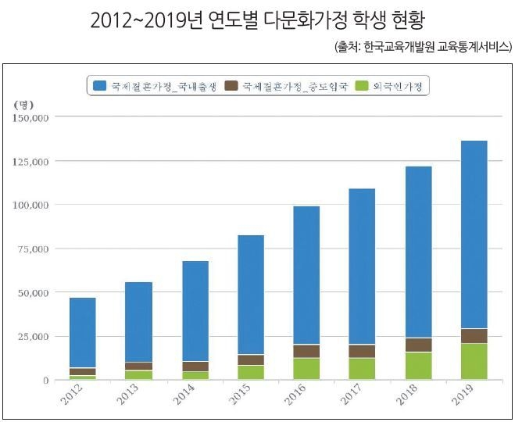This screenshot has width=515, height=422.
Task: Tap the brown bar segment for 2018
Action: pos(418,345)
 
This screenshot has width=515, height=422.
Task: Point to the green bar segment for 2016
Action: pos(306,369)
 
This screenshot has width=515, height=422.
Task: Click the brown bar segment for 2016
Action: pos(306,351)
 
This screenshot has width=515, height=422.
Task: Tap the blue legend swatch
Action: pos(100,85)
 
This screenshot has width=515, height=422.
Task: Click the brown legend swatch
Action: pos(232,85)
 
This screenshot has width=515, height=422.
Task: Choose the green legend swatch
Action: pos(362,85)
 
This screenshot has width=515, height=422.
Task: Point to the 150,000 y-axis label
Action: pos(32,117)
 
